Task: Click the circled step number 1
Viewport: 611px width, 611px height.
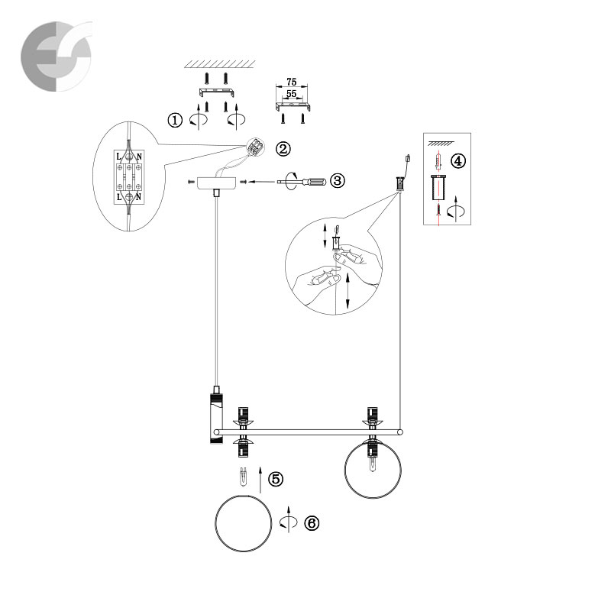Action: (x=175, y=120)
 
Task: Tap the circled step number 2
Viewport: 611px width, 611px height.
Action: (x=283, y=148)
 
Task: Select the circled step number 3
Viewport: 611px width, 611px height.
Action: (x=338, y=180)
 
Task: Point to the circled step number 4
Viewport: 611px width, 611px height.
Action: (x=457, y=160)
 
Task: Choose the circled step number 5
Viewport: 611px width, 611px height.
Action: (x=276, y=479)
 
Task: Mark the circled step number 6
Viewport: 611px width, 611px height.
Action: (x=312, y=523)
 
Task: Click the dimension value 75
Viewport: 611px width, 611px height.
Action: (x=292, y=82)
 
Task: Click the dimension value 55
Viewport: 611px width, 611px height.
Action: (x=292, y=93)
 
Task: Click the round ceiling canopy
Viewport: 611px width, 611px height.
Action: (x=217, y=183)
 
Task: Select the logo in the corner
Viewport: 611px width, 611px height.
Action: (x=57, y=57)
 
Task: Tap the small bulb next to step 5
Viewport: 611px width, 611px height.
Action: (x=244, y=476)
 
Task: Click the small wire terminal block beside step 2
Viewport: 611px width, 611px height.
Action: (x=255, y=147)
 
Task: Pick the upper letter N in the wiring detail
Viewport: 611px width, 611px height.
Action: (x=139, y=157)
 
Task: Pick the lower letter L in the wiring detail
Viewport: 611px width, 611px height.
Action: (x=119, y=197)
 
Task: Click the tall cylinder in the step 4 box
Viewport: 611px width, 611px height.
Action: (x=439, y=188)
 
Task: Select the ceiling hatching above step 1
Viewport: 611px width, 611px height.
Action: (x=220, y=64)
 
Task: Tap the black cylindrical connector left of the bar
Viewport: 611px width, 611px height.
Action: (x=216, y=418)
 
